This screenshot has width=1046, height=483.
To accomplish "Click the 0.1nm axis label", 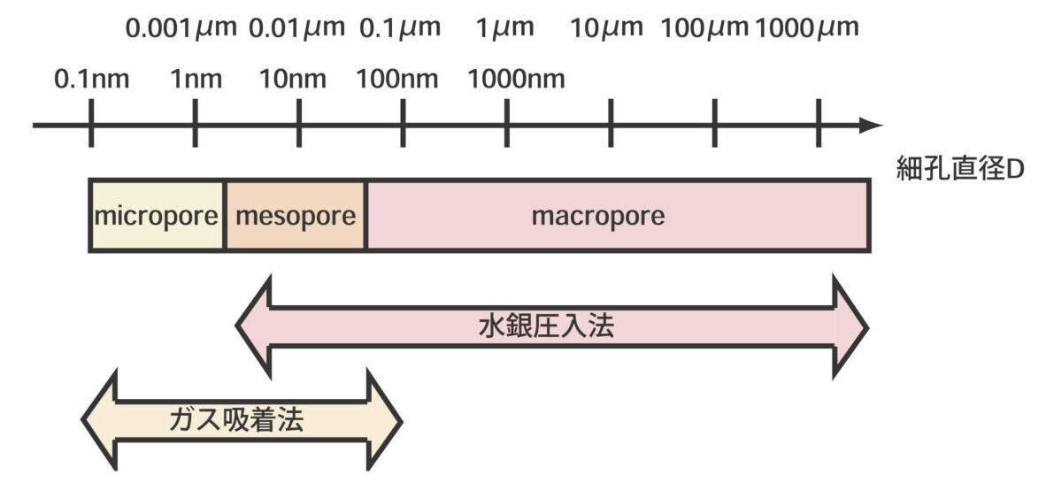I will (91, 80).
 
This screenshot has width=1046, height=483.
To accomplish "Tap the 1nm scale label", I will (196, 80).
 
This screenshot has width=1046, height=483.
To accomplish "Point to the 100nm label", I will (397, 80).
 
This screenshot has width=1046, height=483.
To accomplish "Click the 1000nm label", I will (516, 80).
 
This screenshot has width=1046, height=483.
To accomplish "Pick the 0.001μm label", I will (181, 28).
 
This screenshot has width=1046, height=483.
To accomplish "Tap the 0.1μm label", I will (400, 28).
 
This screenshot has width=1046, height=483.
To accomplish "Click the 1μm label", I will (505, 28).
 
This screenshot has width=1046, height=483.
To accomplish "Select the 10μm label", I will (606, 28).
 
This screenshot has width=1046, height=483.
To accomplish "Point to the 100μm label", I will (705, 28).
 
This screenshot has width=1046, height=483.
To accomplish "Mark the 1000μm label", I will (807, 28).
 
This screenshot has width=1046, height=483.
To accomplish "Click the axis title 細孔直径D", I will (958, 171).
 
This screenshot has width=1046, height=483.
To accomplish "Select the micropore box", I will (157, 216).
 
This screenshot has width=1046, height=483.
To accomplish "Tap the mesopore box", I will (295, 216).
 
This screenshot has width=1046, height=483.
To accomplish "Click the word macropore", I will (597, 216).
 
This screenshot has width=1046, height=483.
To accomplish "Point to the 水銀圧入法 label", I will (545, 327).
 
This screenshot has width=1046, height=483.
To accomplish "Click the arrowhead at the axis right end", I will (872, 126).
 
